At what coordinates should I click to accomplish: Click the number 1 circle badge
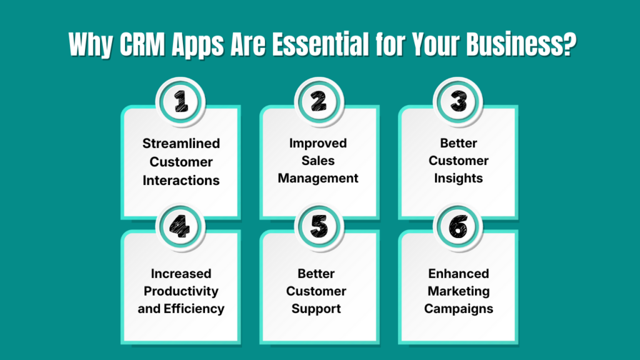point(180,102)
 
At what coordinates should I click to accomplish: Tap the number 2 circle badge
point(318,102)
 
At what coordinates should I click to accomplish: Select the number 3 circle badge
point(458,102)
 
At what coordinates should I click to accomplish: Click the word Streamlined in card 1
point(181,143)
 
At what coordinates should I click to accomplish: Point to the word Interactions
point(181,180)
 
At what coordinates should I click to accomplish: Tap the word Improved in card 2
point(318,143)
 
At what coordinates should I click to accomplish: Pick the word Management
point(318,178)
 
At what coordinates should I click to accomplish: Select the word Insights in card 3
point(458,178)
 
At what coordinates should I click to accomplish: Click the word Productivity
point(181,291)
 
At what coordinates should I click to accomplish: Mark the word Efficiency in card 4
point(197,308)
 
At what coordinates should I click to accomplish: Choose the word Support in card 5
point(318,308)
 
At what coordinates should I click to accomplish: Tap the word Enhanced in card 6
point(458,273)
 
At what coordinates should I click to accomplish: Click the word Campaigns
point(458,308)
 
